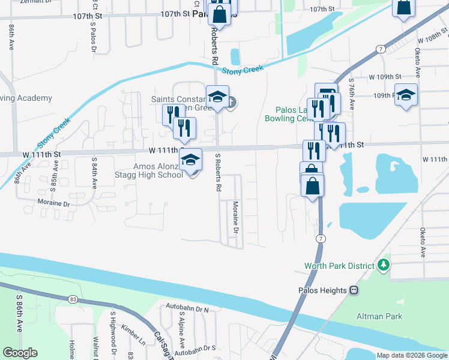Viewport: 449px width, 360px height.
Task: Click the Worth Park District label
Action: click(x=339, y=265)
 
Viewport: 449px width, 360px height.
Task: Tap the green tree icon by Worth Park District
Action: click(x=382, y=265)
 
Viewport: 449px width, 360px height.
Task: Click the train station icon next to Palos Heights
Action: click(x=354, y=290)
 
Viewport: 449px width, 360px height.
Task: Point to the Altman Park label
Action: click(x=379, y=316)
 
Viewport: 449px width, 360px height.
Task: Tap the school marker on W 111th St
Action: click(x=191, y=160)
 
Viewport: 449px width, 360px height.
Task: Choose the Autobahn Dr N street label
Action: click(x=188, y=310)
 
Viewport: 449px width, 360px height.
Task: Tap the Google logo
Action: click(x=20, y=353)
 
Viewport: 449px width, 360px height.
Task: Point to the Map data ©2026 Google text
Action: click(x=412, y=355)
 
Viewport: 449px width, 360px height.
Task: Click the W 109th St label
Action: click(x=385, y=77)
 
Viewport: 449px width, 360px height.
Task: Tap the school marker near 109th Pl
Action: click(x=406, y=96)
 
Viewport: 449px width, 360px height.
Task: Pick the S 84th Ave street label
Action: click(x=94, y=172)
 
